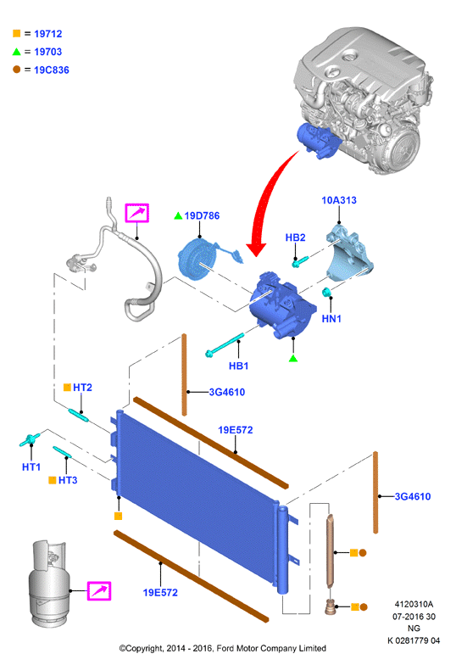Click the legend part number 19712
[47, 34]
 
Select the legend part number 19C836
[51, 70]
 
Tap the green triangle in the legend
[17, 52]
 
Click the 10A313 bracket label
[339, 200]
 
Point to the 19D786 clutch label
[202, 215]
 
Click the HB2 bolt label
[295, 237]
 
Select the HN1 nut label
[331, 319]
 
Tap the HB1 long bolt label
[239, 366]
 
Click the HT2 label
[83, 387]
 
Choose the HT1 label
[31, 467]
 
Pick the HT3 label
[68, 480]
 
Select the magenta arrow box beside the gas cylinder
[99, 590]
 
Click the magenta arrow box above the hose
[137, 213]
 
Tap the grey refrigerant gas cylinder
[47, 584]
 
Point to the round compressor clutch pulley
[194, 258]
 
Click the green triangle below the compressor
[293, 359]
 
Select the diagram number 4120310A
[414, 604]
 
